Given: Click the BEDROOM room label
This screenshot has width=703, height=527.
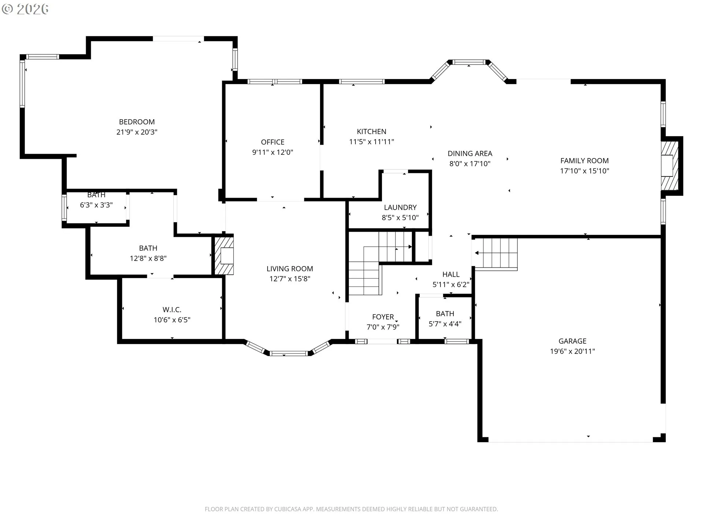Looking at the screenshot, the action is click(x=137, y=122).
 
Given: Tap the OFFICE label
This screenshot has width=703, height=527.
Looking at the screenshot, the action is click(x=273, y=142).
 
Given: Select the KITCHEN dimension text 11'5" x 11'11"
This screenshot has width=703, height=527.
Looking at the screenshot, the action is click(x=372, y=142).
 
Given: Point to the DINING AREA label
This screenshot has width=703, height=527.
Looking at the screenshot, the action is click(x=470, y=153).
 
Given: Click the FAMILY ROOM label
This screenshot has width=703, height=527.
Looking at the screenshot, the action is click(x=585, y=161).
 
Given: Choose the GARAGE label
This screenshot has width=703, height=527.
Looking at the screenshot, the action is click(x=573, y=341).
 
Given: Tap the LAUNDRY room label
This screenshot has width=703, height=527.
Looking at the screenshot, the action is click(x=400, y=208).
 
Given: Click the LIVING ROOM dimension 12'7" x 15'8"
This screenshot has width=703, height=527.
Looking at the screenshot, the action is click(x=290, y=279).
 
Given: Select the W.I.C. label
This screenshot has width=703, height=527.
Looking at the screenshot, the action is click(x=172, y=310).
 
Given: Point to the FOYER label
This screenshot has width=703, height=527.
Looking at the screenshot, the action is click(x=383, y=317).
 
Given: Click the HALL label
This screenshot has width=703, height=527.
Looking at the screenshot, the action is click(x=451, y=274).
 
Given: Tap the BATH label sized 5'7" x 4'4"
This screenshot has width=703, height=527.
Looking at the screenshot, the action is click(x=445, y=314).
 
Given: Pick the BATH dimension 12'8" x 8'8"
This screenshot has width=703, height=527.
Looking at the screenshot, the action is click(x=148, y=258).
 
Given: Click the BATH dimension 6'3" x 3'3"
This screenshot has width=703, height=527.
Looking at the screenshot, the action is click(x=96, y=205).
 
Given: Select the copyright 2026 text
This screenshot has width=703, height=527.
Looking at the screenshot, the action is click(x=25, y=9).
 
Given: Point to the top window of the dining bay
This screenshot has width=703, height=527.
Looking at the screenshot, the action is click(x=469, y=62).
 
